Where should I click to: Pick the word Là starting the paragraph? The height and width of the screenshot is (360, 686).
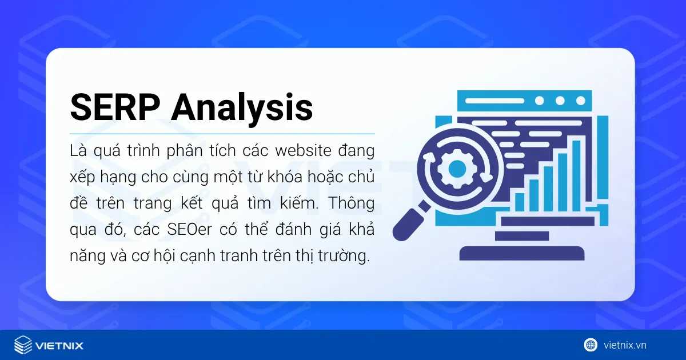[77, 152]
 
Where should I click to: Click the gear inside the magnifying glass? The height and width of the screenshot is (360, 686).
[457, 168]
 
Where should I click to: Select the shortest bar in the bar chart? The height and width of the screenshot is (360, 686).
[519, 202]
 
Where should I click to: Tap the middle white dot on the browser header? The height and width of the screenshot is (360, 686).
[560, 101]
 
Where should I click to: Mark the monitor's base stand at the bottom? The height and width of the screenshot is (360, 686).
[521, 253]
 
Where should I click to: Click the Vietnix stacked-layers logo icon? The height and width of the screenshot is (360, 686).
[23, 345]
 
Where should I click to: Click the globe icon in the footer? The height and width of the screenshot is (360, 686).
[591, 345]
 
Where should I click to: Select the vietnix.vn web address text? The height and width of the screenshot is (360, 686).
[625, 345]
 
